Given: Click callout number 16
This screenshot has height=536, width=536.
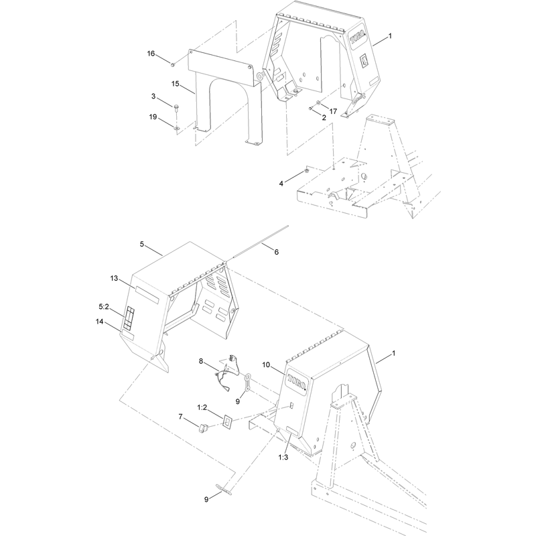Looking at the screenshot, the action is (x=151, y=54).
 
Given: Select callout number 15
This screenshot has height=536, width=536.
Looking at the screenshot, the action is (x=176, y=84).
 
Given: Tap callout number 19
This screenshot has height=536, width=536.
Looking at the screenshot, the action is (x=153, y=117).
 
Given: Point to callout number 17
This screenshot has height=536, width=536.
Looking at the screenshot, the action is (x=333, y=111).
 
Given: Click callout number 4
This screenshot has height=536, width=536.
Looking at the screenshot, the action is (x=281, y=184).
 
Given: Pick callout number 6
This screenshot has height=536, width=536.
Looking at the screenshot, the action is (x=276, y=252).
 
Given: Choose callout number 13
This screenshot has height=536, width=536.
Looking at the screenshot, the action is (x=114, y=279).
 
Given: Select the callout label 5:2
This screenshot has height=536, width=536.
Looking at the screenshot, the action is (x=104, y=307).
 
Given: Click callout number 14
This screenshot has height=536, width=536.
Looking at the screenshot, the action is (x=99, y=322).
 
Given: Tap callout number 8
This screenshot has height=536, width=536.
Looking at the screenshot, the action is (x=200, y=361).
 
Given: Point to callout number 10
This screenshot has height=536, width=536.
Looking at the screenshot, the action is (x=266, y=365).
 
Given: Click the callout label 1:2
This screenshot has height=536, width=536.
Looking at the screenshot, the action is (x=202, y=407).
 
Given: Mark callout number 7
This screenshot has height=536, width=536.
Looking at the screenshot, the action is (x=180, y=417).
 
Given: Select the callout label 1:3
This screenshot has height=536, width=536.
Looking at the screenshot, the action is (x=283, y=458).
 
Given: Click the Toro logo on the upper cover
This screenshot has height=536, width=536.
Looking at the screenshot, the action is (x=358, y=38).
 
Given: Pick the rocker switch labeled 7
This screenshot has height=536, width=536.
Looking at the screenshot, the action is (x=204, y=428).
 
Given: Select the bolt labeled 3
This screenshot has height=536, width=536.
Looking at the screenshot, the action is (x=176, y=108).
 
